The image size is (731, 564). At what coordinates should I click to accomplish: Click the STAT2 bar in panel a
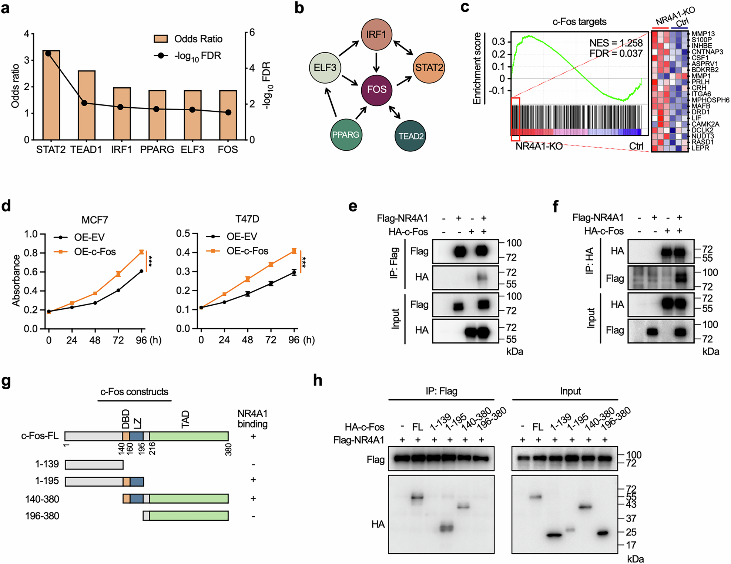click(x=51, y=95)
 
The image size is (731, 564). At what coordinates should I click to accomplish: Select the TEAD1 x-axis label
click(x=86, y=150)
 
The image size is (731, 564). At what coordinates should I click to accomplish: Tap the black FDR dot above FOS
click(x=228, y=112)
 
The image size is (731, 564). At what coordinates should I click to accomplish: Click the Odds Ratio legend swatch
click(x=161, y=39)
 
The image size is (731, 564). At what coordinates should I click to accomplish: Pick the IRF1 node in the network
click(x=376, y=35)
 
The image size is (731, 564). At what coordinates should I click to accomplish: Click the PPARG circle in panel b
click(x=345, y=135)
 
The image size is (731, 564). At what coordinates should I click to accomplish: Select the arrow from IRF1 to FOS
click(x=376, y=62)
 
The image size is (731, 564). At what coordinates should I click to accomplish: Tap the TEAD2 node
click(x=410, y=136)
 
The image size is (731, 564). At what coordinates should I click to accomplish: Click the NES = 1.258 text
click(x=616, y=43)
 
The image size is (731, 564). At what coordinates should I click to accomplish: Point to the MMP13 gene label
click(x=703, y=34)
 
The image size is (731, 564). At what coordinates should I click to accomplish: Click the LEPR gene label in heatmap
click(x=700, y=148)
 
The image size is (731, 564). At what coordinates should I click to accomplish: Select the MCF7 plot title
click(x=95, y=220)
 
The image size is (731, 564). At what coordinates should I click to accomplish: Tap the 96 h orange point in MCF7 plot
click(x=141, y=252)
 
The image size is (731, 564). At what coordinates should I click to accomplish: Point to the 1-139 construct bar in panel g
click(x=94, y=464)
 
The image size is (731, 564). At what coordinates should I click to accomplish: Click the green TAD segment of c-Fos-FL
click(x=189, y=436)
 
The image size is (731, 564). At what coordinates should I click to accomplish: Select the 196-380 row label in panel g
click(x=42, y=516)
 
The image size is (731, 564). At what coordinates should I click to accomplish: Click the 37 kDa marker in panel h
click(x=631, y=518)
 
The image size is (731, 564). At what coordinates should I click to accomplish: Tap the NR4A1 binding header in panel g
click(x=252, y=419)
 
